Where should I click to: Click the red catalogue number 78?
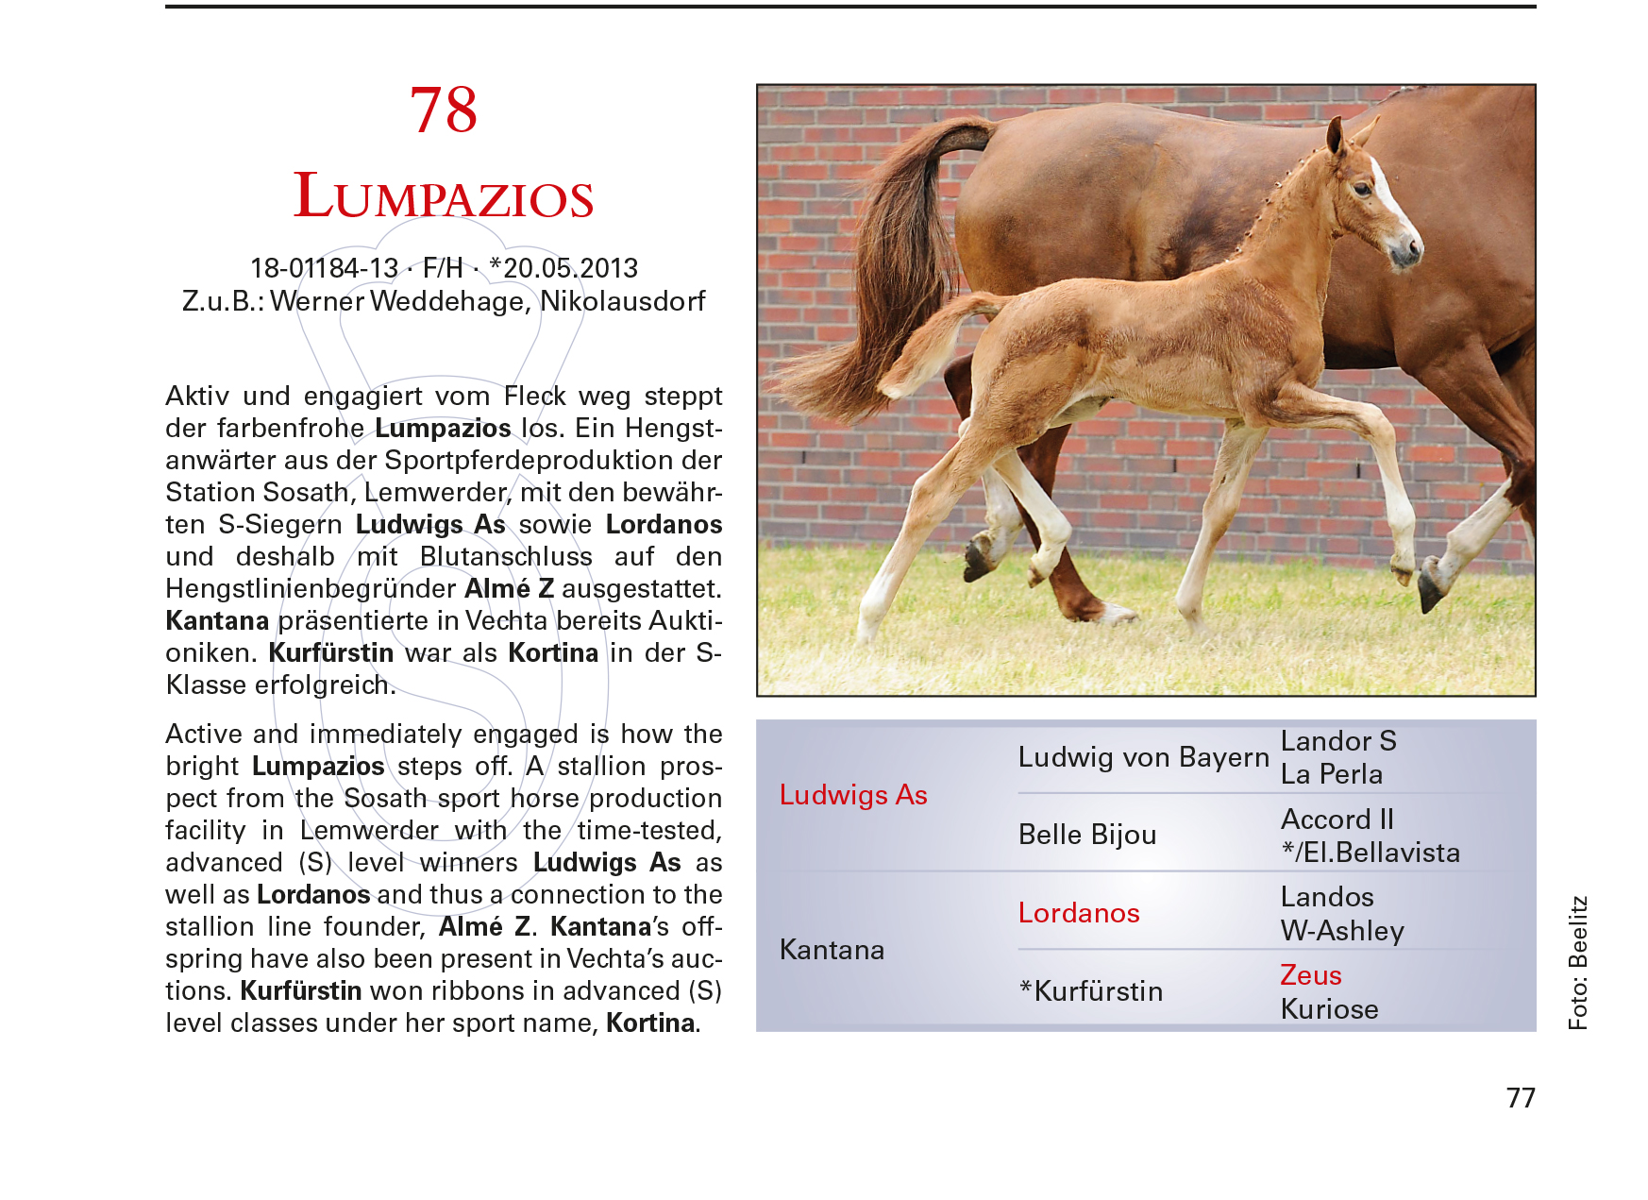click(444, 110)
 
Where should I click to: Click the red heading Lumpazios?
click(444, 196)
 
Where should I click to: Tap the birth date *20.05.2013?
click(563, 268)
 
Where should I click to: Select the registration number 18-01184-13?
click(324, 268)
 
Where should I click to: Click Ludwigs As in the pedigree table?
click(853, 795)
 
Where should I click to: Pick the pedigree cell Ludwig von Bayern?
click(1143, 757)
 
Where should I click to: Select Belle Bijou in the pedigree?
click(1087, 835)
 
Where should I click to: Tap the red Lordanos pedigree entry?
click(1079, 913)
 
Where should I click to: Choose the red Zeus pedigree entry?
click(1311, 975)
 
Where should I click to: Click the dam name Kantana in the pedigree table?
click(832, 950)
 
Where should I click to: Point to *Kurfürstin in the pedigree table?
click(1091, 991)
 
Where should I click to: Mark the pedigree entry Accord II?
click(1337, 820)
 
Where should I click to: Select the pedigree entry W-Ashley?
click(1342, 931)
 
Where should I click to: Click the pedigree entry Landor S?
click(1338, 741)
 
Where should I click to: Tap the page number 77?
click(1521, 1098)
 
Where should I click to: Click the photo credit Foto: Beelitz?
click(1578, 962)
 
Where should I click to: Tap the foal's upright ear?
click(1335, 137)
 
